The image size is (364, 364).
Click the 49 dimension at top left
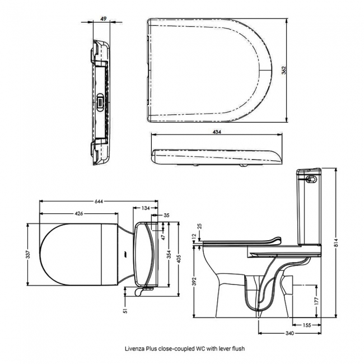(104, 18)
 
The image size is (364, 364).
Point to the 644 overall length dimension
(100, 201)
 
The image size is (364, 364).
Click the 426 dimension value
(79, 213)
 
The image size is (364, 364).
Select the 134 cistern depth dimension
(146, 208)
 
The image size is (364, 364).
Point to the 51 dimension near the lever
(125, 306)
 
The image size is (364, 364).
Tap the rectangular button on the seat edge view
(100, 101)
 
